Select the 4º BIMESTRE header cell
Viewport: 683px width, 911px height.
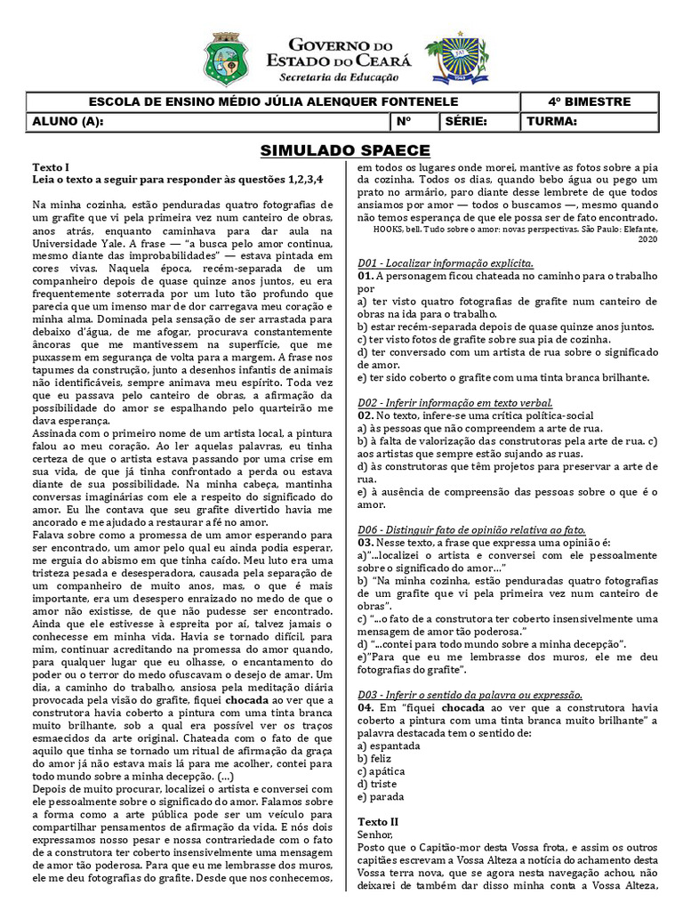point(590,102)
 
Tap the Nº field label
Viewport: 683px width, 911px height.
point(404,121)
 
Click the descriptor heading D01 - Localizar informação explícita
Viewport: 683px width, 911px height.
point(445,264)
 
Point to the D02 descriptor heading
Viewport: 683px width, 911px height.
point(454,403)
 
